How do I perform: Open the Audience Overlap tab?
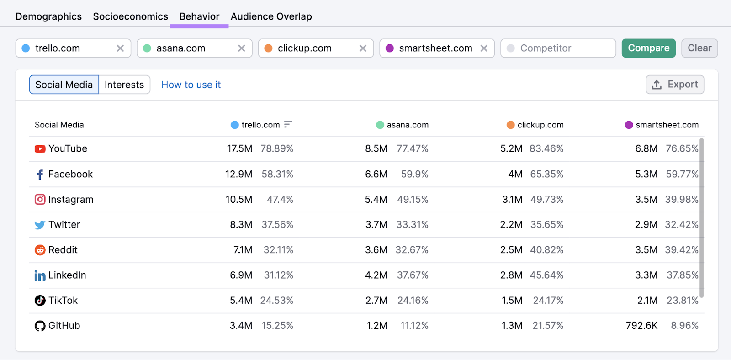click(271, 16)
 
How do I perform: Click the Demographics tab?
click(48, 16)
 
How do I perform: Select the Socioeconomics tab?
click(130, 16)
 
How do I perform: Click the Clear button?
click(699, 48)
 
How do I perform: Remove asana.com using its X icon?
click(242, 48)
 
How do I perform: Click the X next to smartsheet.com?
click(484, 48)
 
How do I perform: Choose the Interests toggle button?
click(124, 85)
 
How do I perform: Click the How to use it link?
click(191, 85)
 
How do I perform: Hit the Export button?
click(674, 85)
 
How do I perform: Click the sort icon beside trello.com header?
click(288, 124)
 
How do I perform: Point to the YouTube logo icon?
click(40, 149)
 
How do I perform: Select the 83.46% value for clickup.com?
click(546, 148)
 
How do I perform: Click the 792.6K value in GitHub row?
click(641, 326)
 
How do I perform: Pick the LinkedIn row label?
click(67, 275)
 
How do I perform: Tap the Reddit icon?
click(40, 250)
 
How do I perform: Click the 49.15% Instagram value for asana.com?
click(413, 200)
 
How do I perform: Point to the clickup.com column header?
click(540, 125)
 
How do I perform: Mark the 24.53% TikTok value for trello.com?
click(276, 301)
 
